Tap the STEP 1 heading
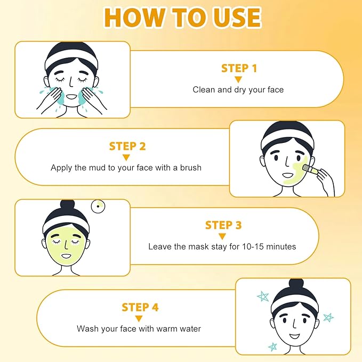pos(239,68)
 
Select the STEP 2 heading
pos(127,146)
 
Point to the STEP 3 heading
pos(223,225)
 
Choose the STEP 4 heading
pos(140,307)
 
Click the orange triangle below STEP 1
pos(238,79)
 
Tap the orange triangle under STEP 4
pos(139,318)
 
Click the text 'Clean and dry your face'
pos(238,90)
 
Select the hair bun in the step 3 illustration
pos(67,206)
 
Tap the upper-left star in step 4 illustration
pos(262,296)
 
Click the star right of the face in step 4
pos(328,318)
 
